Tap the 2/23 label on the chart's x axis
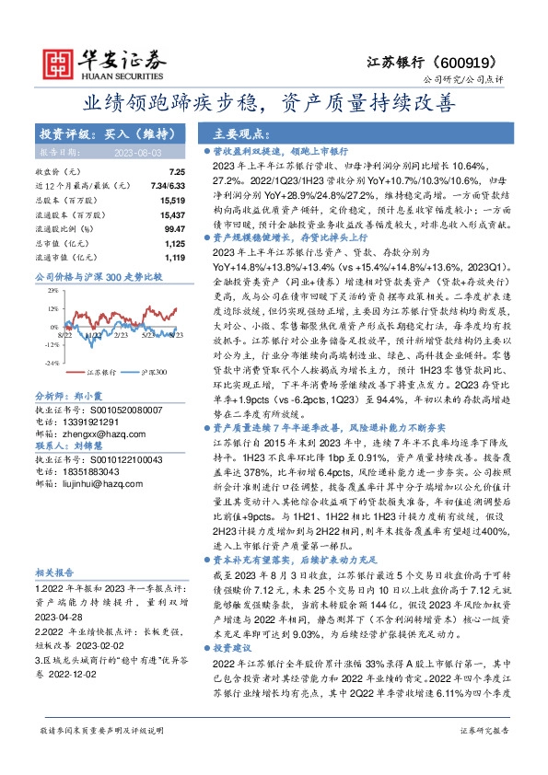pos(121,312)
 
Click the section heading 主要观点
pos(244,132)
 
